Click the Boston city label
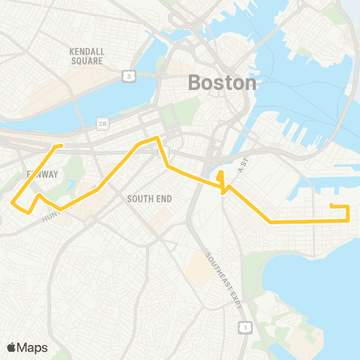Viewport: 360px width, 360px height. [222, 82]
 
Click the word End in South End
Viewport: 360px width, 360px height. [163, 199]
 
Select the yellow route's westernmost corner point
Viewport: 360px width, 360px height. [13, 201]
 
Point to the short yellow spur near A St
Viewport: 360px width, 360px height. [220, 178]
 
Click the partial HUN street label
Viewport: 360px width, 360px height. [49, 216]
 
